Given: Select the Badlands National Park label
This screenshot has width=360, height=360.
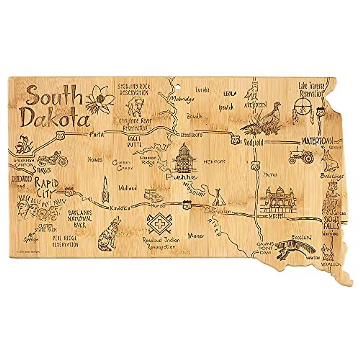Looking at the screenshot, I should coord(79,218).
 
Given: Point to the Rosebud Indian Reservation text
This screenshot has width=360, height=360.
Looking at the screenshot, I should coord(161,243).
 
